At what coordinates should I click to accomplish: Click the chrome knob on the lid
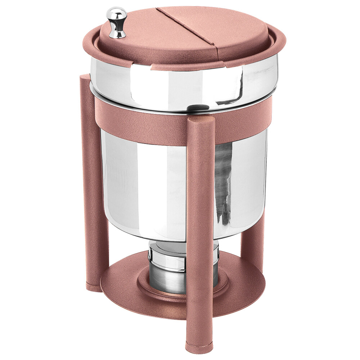point(117,22)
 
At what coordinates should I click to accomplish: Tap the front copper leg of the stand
point(200,234)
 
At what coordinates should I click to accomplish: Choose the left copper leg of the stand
point(94,180)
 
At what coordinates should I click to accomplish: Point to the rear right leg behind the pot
point(253,238)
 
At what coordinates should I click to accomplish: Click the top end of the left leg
point(85,77)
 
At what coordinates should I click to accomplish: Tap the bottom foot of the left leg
point(94,287)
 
